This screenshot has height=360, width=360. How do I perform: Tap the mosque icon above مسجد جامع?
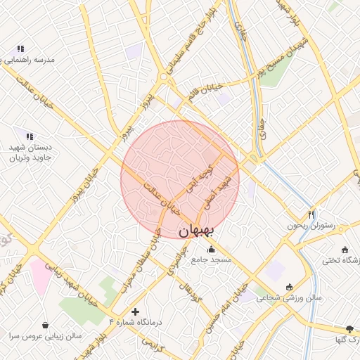(x=210, y=249)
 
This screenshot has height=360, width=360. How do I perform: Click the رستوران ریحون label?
(x=311, y=226)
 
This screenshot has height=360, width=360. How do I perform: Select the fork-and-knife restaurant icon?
(x=311, y=214)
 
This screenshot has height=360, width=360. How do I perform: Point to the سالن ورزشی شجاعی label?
(x=289, y=297)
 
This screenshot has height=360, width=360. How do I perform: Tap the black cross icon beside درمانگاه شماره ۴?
(x=135, y=311)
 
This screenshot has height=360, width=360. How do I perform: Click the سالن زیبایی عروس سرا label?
(x=45, y=337)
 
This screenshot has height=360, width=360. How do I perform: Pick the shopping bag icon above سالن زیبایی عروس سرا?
(x=46, y=326)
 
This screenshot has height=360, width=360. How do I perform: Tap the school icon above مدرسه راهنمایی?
(x=20, y=49)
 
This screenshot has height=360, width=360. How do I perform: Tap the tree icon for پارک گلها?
(x=350, y=329)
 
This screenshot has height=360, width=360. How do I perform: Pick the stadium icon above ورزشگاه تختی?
(x=345, y=250)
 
